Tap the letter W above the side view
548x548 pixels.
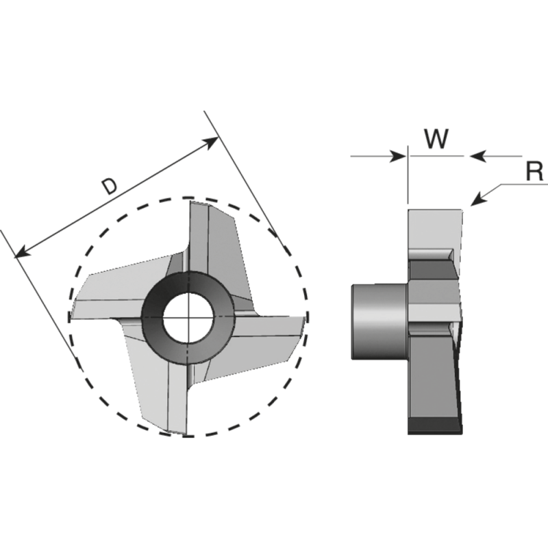pos(436,138)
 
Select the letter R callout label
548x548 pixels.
pos(534,171)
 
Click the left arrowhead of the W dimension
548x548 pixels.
pos(399,156)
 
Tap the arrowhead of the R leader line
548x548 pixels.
pos(477,201)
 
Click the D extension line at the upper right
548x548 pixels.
pos(240,171)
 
